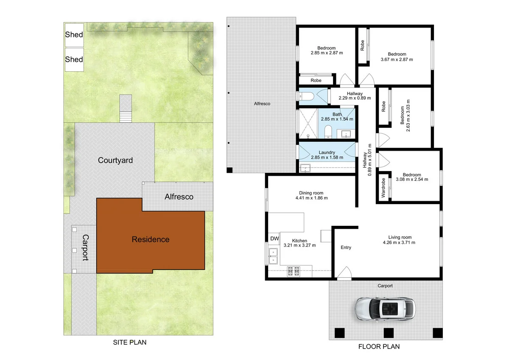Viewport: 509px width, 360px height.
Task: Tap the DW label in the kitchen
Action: (x=274, y=238)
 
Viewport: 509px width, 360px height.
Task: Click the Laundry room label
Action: (x=327, y=152)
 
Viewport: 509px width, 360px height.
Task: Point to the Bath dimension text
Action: (x=337, y=119)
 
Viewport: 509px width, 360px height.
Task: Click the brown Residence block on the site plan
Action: (x=150, y=239)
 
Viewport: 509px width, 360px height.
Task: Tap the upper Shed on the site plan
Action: (x=74, y=34)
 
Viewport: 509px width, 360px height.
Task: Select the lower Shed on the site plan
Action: (x=74, y=59)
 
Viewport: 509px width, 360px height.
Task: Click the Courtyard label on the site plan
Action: (x=115, y=160)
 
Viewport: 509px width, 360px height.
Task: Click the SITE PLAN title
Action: (x=129, y=342)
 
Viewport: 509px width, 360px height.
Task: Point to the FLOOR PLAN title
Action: (x=379, y=346)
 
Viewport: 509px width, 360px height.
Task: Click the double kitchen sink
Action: (x=273, y=256)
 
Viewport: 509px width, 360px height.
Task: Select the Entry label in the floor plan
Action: (x=346, y=247)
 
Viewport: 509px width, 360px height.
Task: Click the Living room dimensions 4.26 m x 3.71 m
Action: (x=400, y=243)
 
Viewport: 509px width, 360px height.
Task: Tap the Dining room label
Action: (x=311, y=192)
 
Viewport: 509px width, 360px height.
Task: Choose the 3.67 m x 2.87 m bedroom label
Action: (x=397, y=59)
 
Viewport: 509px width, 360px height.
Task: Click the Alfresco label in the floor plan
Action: (x=262, y=104)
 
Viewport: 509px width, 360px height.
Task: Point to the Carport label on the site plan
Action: (x=85, y=247)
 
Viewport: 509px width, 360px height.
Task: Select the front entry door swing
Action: (x=345, y=273)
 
